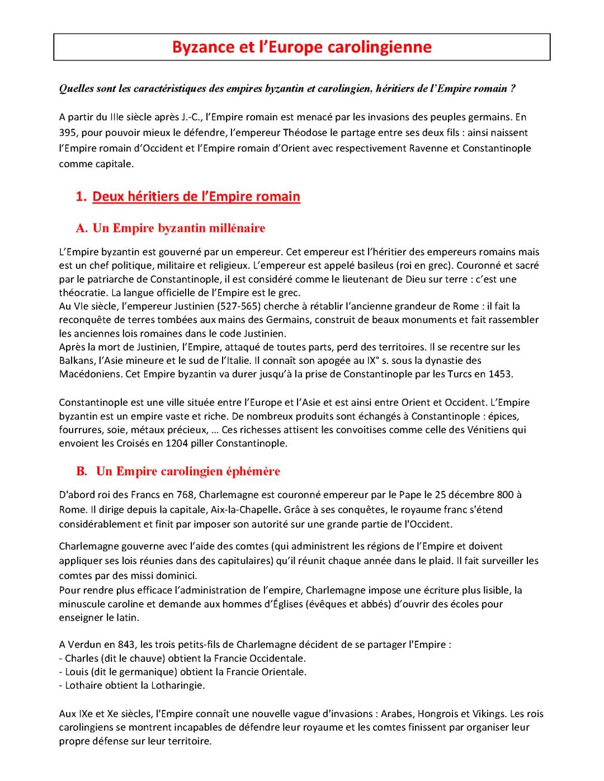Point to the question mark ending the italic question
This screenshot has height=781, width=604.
click(x=513, y=89)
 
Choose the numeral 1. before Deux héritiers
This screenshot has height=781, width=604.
click(x=82, y=197)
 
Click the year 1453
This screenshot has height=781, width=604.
click(x=500, y=374)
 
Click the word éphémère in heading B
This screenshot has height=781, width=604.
click(x=253, y=471)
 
